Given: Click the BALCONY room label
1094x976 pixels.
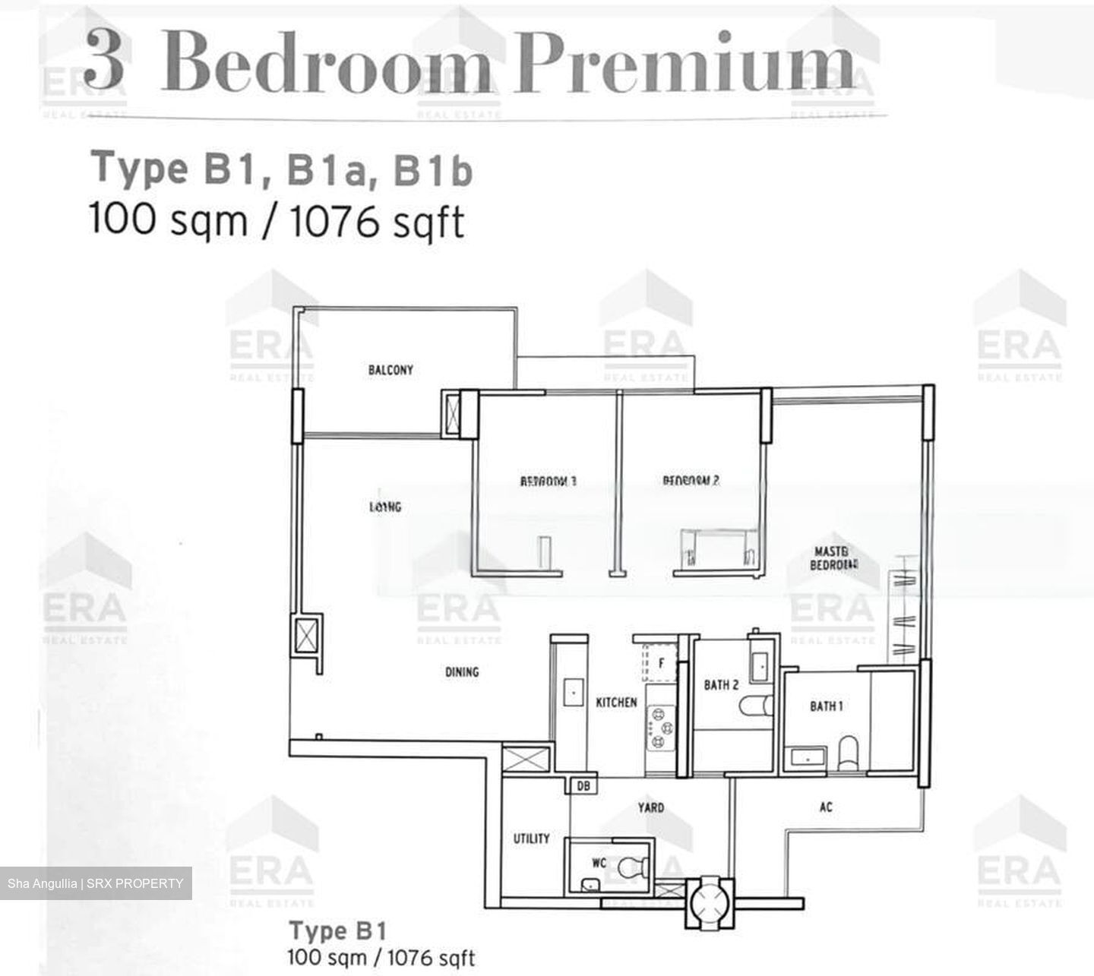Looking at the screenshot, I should click(x=390, y=370).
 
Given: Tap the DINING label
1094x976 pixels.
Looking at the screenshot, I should click(x=462, y=671).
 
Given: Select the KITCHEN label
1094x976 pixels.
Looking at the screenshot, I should click(x=616, y=703).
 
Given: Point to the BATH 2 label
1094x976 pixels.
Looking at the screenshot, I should click(x=721, y=685).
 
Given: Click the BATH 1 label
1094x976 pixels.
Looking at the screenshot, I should click(x=826, y=706).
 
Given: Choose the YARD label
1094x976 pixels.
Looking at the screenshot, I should click(x=650, y=807).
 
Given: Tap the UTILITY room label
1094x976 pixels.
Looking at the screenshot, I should click(x=531, y=839).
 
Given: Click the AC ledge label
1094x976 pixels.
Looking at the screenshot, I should click(x=826, y=807).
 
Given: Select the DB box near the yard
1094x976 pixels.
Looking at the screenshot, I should click(x=583, y=786).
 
